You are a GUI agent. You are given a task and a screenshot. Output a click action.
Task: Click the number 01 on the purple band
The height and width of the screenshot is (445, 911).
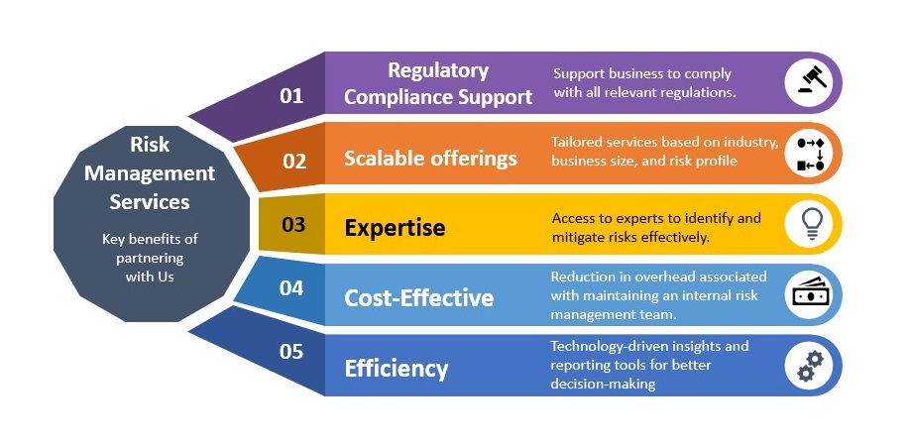click(x=291, y=96)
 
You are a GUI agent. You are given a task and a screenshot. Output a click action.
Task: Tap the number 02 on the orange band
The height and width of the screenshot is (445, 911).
click(x=294, y=161)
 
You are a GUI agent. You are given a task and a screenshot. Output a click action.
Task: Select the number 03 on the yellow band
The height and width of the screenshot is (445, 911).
click(x=293, y=224)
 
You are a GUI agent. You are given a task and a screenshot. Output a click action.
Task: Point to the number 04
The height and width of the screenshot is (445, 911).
click(x=291, y=287)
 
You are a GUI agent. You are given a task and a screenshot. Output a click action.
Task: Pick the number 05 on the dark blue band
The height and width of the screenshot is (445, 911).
click(x=291, y=352)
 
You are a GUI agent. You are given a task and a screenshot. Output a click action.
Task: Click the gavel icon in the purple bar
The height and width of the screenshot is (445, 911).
click(x=812, y=80)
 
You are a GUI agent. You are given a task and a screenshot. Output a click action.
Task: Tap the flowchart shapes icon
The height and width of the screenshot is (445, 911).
click(x=811, y=154)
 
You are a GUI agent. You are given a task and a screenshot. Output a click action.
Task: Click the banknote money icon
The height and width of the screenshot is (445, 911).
click(x=812, y=293)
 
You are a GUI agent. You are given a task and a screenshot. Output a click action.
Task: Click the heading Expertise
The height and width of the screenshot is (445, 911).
click(x=396, y=228)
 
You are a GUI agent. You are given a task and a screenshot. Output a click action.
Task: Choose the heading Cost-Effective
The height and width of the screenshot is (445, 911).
click(x=419, y=298)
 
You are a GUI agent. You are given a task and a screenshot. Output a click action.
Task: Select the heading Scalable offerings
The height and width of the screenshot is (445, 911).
click(x=430, y=159)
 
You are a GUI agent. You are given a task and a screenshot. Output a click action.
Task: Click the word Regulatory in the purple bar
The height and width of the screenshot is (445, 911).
click(x=438, y=70)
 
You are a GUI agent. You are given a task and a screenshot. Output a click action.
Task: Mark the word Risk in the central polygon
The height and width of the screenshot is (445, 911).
click(x=150, y=144)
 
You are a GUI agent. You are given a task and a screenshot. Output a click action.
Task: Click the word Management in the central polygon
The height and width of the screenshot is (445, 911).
click(x=150, y=173)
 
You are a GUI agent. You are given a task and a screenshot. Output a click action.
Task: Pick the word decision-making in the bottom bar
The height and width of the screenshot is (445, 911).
click(x=603, y=384)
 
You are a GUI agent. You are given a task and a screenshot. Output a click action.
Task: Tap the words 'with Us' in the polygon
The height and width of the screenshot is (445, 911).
click(x=150, y=277)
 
